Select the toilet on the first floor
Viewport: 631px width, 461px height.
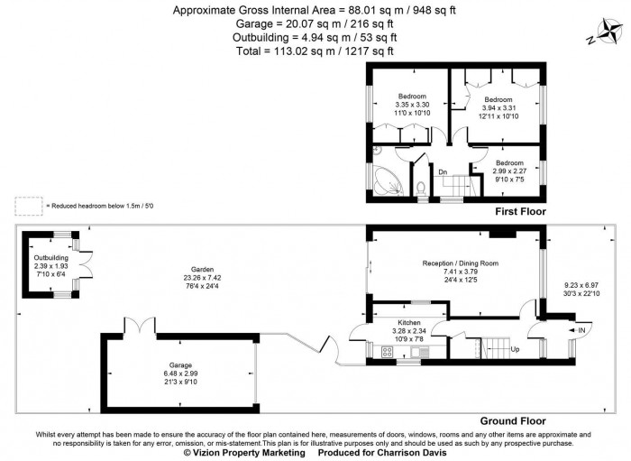(x=421, y=188)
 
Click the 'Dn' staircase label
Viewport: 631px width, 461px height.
(x=443, y=171)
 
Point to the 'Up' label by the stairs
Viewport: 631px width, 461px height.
(x=515, y=348)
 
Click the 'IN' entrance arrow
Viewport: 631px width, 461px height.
(x=578, y=331)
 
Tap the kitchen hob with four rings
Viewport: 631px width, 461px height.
(x=389, y=353)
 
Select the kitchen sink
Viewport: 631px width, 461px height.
(x=417, y=351)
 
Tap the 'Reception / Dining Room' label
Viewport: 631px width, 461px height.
(x=460, y=263)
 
